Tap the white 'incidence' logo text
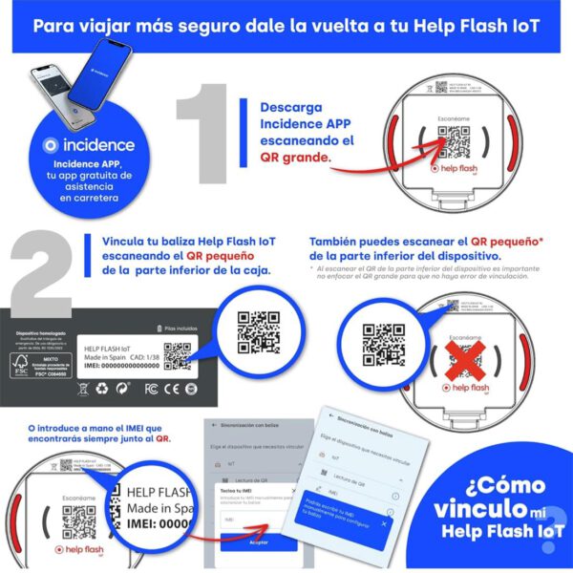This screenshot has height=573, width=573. [x=92, y=146]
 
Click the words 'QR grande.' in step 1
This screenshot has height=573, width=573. [x=296, y=158]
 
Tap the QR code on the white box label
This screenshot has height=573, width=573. [x=177, y=356]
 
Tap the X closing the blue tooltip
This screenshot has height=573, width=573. [x=383, y=523]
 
